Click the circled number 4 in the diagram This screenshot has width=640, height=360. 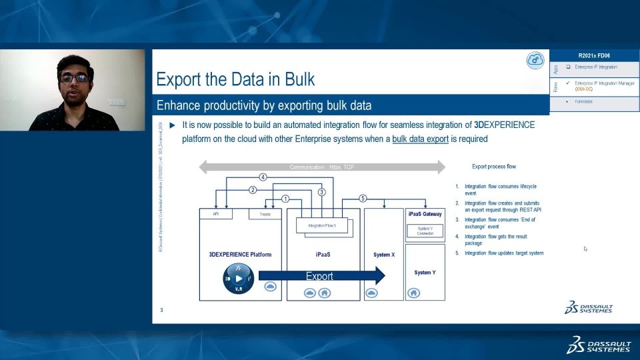(263, 177)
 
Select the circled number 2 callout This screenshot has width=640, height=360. (253, 190)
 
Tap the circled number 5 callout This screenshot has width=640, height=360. (363, 198)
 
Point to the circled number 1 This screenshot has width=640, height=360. (285, 199)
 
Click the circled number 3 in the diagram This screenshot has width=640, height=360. (321, 192)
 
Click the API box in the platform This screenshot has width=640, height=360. (216, 214)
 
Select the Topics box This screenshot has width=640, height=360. (265, 214)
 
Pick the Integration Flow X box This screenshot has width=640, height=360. (321, 225)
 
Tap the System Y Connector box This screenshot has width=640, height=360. (425, 231)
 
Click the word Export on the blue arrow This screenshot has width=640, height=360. (319, 276)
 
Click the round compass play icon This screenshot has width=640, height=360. (238, 279)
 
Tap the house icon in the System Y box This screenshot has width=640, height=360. (413, 293)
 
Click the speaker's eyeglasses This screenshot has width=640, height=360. (73, 78)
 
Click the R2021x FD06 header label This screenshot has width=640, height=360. (594, 55)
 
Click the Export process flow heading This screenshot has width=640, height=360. (494, 166)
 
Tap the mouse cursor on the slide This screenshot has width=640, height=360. (585, 249)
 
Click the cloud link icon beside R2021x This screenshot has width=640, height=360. (535, 60)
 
